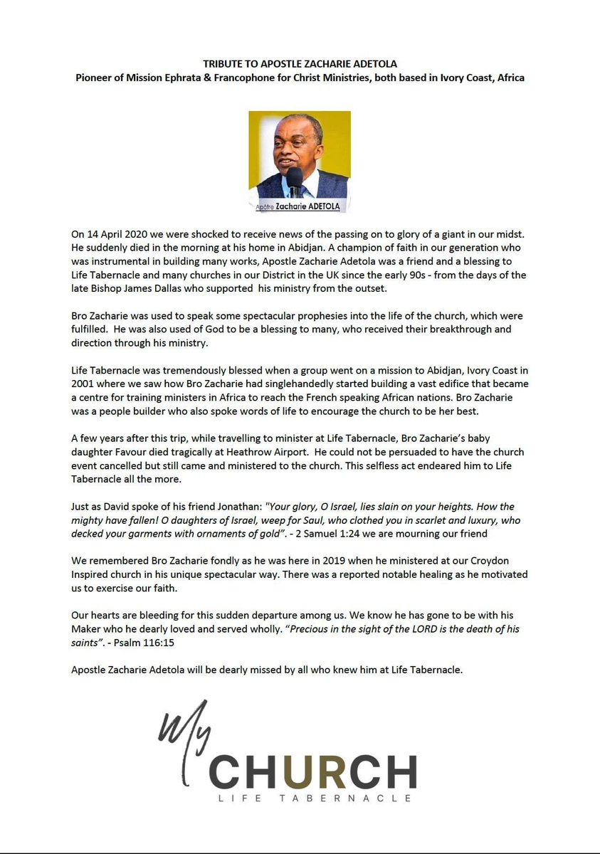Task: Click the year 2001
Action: click(84, 385)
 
